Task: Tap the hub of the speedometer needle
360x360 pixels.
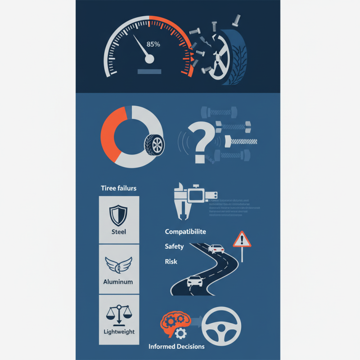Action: click(x=149, y=58)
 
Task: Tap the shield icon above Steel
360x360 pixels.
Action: click(x=118, y=215)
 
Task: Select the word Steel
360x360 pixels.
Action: click(x=118, y=232)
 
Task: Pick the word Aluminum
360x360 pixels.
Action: click(x=118, y=282)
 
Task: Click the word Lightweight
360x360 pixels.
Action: click(x=119, y=332)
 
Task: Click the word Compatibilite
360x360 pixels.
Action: click(x=185, y=232)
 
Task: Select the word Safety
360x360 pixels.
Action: click(x=175, y=247)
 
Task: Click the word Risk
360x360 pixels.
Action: click(x=171, y=261)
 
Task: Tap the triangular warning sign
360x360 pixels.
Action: click(x=242, y=239)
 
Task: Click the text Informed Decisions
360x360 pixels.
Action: click(x=176, y=346)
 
